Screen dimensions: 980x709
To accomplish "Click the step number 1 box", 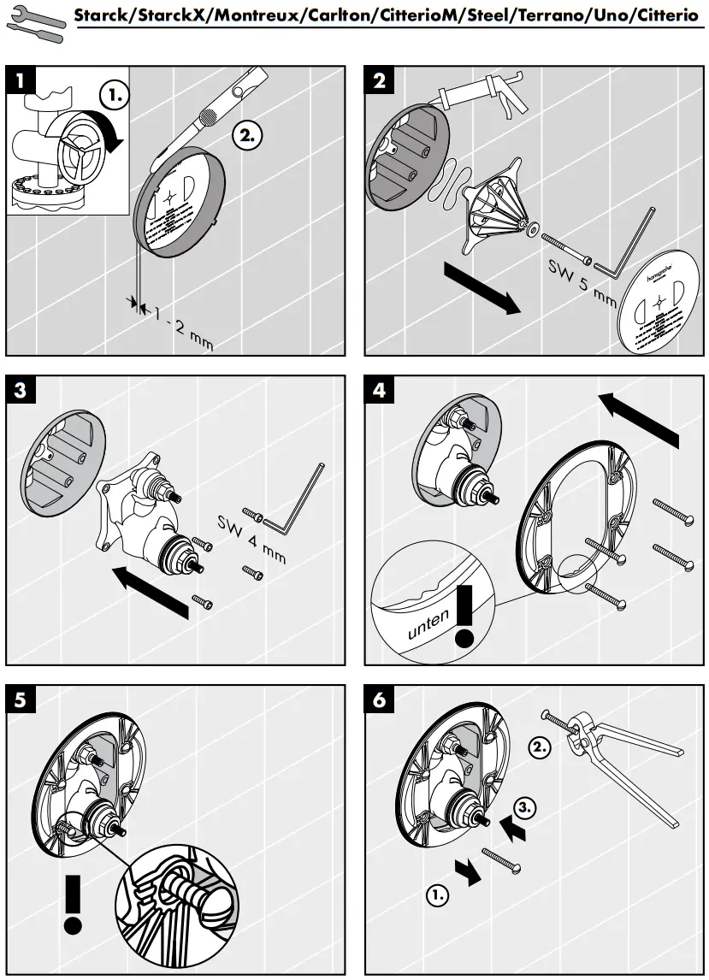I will point(22,82).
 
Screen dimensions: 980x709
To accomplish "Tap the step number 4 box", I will point(381,391).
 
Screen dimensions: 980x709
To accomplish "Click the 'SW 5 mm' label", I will point(582,282).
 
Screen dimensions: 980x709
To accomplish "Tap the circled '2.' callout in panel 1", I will point(248,135).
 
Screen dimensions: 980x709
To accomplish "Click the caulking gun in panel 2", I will point(487,97).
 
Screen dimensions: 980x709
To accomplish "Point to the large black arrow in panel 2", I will point(482,289).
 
